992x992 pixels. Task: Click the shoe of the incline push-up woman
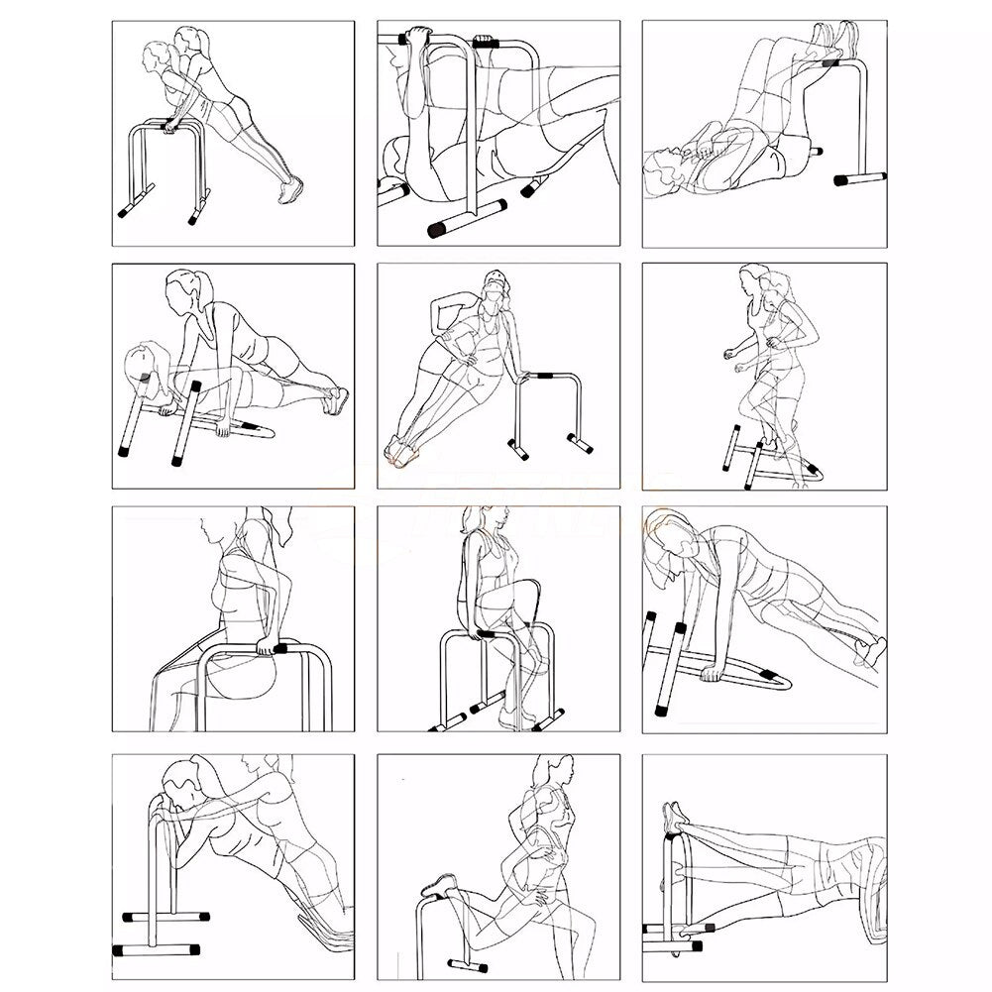(290, 189)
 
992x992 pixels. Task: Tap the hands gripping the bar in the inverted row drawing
(417, 40)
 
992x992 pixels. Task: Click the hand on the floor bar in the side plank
(710, 675)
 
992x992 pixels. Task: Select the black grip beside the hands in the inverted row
(486, 45)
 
